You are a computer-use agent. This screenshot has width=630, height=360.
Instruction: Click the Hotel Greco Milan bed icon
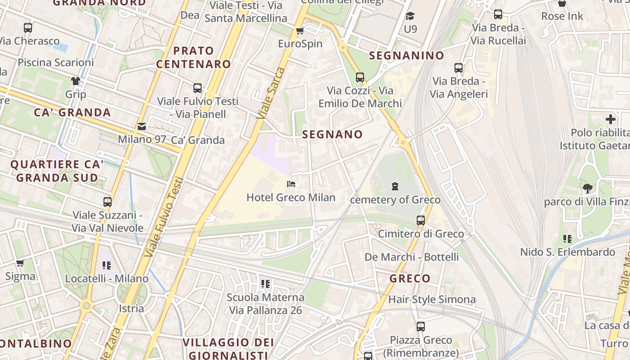(x=291, y=184)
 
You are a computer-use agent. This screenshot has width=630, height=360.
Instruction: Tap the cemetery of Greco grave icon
(x=395, y=186)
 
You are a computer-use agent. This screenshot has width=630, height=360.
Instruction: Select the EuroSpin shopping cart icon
(x=300, y=31)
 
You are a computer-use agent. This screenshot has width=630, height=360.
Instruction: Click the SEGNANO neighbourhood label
(x=332, y=134)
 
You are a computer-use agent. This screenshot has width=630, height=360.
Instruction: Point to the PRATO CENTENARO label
(x=193, y=57)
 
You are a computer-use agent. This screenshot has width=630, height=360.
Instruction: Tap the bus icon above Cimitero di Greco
(x=420, y=220)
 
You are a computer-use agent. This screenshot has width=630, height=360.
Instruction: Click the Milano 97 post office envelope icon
(x=142, y=126)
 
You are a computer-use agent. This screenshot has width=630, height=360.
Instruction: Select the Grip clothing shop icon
(x=75, y=81)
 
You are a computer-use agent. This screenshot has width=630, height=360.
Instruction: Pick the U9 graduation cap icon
(x=410, y=16)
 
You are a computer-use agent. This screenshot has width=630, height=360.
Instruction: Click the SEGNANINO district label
(x=406, y=56)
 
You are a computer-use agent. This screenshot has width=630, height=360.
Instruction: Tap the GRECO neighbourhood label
(x=410, y=279)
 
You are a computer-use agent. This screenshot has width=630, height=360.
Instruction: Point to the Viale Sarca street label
(x=271, y=93)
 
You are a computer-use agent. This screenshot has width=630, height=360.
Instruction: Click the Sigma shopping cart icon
(x=20, y=263)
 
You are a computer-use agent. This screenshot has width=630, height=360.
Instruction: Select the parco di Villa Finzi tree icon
(x=587, y=188)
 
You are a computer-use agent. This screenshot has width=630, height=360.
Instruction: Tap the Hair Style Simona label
(x=432, y=299)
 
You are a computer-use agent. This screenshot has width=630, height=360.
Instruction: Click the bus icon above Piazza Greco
(x=420, y=326)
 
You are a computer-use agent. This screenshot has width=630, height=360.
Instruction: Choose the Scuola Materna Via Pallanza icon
(x=265, y=283)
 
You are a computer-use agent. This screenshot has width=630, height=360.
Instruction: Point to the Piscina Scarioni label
(x=56, y=62)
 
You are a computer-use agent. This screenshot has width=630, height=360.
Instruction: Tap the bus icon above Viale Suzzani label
(x=107, y=202)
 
